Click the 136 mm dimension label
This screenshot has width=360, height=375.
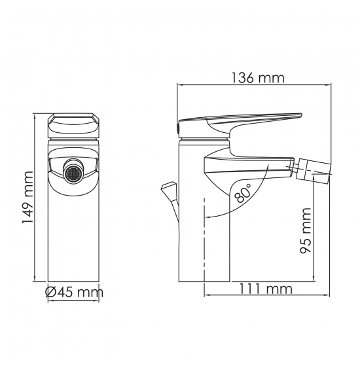click(258, 78)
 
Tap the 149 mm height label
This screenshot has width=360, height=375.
click(27, 197)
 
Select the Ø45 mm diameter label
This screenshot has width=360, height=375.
click(75, 292)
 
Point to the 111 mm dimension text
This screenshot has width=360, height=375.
click(266, 289)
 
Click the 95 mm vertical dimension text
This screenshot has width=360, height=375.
click(306, 230)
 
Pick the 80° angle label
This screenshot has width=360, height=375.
click(243, 193)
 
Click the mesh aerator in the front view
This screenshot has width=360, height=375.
click(73, 174)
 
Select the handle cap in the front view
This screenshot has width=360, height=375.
click(73, 125)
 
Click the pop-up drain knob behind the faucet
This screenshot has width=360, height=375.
click(169, 188)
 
